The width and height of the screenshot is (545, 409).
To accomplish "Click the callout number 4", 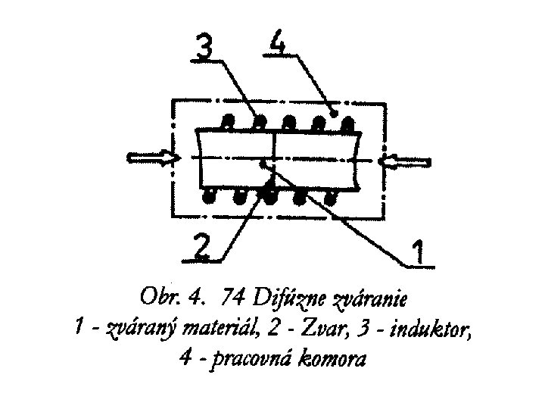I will [x=278, y=43].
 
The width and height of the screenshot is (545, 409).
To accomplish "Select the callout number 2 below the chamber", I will [x=200, y=248].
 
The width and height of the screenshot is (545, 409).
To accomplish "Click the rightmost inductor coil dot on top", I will [x=347, y=121].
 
